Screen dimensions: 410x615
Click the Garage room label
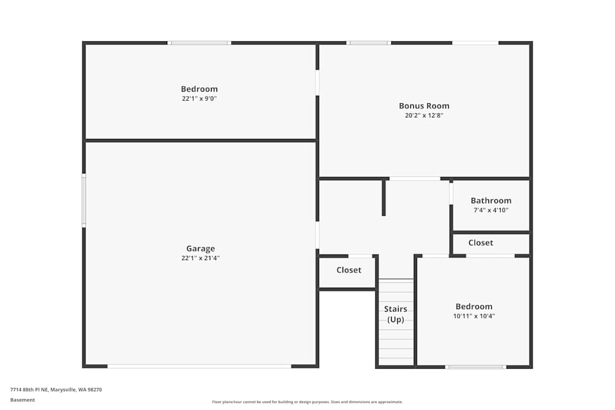point(200,249)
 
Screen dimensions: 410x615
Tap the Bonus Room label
point(424,106)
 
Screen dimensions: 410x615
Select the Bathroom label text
point(491,201)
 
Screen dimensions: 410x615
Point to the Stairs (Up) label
point(395,314)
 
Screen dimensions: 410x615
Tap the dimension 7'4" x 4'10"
point(491,210)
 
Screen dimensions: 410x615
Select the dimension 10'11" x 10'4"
point(474,317)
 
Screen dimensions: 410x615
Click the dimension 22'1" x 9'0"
point(199,98)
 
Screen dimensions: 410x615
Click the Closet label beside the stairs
point(349,270)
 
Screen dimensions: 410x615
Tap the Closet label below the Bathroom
point(480,243)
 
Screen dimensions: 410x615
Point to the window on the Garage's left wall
point(84,200)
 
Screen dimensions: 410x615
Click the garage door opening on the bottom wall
point(199,366)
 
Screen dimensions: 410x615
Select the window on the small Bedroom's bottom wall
point(475,367)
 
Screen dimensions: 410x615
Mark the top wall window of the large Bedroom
point(199,43)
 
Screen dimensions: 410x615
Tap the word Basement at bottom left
point(23,400)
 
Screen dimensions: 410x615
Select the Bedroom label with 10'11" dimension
point(474,307)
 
